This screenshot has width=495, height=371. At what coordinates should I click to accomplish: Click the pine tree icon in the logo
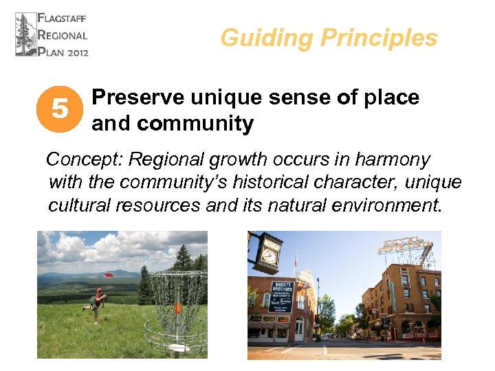(x=25, y=34)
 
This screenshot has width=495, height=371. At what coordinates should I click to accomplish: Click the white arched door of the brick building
(x=299, y=330)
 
